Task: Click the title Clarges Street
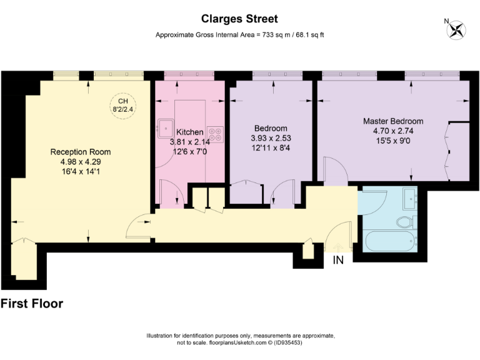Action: [x=240, y=19]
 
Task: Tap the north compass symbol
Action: [x=457, y=28]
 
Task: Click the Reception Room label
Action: [x=81, y=152]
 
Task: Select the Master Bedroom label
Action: [x=393, y=121]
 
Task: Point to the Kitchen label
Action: [x=189, y=132]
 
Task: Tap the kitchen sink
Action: [x=166, y=127]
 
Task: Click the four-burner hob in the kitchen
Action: [x=216, y=135]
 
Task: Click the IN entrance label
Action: [x=338, y=259]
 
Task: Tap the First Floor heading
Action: [x=32, y=304]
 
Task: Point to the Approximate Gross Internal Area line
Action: [x=239, y=35]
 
